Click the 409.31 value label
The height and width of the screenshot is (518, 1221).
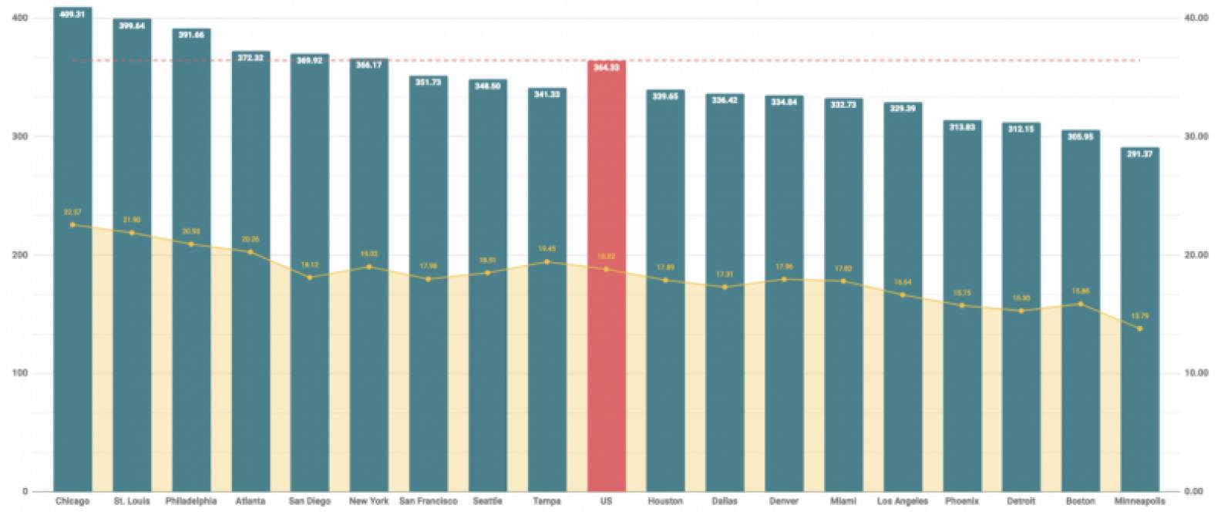click(72, 15)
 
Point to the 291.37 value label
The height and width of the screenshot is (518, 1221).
click(1139, 154)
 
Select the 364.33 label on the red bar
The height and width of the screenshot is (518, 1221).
click(606, 68)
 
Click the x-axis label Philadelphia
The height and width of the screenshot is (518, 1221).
click(191, 501)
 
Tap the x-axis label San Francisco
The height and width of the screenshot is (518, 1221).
click(428, 501)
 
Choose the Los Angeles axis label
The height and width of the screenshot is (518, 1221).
click(903, 501)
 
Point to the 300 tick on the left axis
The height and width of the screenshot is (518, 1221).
click(20, 136)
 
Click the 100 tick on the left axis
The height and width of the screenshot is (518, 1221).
click(20, 373)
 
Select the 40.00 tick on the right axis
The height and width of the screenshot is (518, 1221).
click(1196, 18)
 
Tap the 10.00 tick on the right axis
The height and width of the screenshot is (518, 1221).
click(1196, 373)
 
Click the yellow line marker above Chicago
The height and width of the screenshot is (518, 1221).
click(72, 225)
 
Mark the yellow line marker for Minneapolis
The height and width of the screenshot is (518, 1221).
click(1139, 329)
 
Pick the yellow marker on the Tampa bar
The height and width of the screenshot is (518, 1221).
click(547, 262)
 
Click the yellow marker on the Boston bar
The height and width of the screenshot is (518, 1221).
click(1080, 304)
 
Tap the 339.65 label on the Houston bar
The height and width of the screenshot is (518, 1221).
click(665, 96)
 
